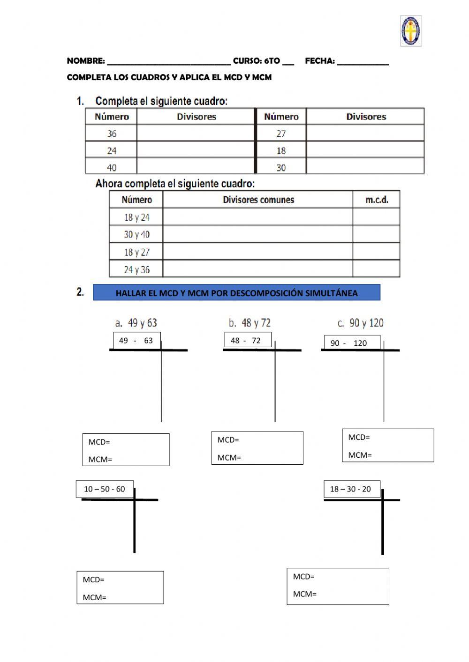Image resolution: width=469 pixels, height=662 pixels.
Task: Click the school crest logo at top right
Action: coord(411,31)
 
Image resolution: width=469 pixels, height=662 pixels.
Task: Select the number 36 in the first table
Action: coord(112,134)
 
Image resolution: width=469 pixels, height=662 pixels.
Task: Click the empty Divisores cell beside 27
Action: coord(365,134)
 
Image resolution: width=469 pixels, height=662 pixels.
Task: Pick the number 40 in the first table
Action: coord(112,167)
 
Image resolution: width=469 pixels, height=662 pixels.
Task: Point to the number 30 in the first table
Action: coord(281,167)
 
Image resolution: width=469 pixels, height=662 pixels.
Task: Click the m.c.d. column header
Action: coord(377,200)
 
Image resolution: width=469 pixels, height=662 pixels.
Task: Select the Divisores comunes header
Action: coord(258,200)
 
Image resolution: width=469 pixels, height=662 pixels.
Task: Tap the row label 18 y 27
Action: coord(136,252)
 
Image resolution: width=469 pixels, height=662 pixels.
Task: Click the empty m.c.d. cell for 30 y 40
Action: coord(376,234)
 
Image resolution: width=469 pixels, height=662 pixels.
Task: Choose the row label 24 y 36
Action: coord(136,269)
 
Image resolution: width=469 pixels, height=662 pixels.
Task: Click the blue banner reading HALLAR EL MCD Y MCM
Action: coord(236,293)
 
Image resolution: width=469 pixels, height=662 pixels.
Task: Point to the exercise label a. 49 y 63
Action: coord(136,323)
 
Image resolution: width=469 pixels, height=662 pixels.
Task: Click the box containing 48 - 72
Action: coord(248,341)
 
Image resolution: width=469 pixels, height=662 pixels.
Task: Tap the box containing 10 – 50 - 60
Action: coord(105,489)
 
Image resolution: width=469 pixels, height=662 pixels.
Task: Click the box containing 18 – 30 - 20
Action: coord(351,489)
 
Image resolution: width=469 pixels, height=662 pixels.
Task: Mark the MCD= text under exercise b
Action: coord(228,440)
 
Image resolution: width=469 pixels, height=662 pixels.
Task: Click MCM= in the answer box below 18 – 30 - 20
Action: coord(305,594)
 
